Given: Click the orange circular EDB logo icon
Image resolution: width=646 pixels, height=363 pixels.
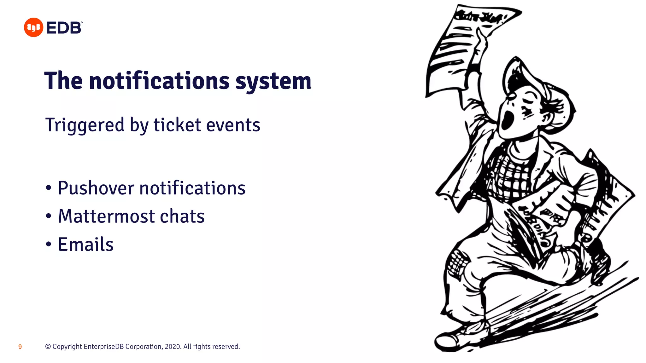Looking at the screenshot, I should click(x=33, y=27).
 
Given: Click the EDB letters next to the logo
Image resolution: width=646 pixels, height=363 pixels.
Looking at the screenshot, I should click(x=64, y=28).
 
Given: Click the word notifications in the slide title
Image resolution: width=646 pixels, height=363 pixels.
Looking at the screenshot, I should click(x=159, y=81).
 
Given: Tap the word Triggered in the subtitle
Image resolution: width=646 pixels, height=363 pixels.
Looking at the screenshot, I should click(x=85, y=125).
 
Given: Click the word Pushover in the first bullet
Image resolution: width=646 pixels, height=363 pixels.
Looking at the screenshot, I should click(x=96, y=188).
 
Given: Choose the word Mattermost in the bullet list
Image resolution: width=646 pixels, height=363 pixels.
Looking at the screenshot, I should click(x=107, y=216).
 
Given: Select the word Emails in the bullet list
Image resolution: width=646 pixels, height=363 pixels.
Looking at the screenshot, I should click(x=86, y=245).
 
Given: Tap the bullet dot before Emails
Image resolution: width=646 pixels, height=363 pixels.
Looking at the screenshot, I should click(x=48, y=244).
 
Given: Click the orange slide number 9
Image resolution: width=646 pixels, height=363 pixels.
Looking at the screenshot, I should click(x=20, y=347).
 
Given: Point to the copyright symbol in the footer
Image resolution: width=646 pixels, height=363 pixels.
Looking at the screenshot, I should click(x=48, y=347).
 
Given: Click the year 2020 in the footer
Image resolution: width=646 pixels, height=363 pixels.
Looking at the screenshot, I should click(x=173, y=347).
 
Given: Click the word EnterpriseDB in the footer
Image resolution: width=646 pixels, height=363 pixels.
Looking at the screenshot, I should click(x=104, y=347).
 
